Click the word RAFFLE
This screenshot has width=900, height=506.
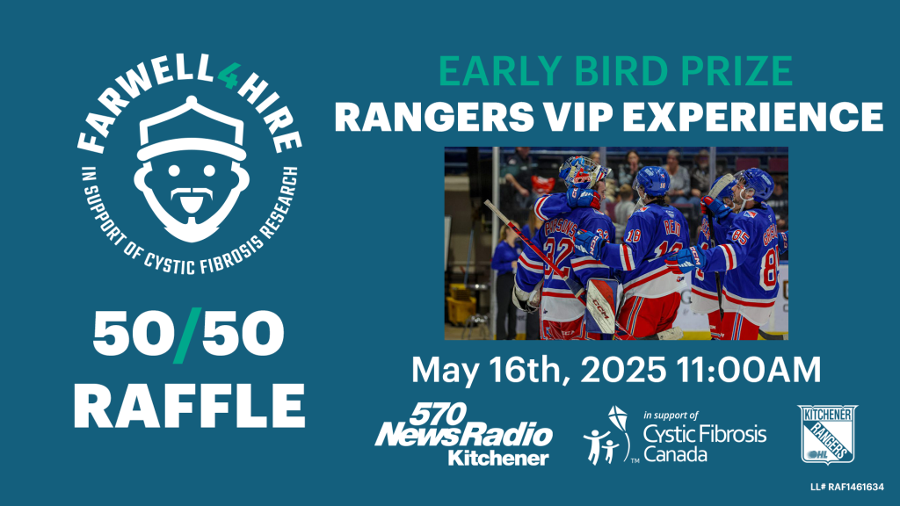pyautogui.click(x=190, y=406)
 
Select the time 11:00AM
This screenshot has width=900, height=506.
pyautogui.click(x=749, y=370)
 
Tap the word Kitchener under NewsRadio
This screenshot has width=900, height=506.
pyautogui.click(x=498, y=459)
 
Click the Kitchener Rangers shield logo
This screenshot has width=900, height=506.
pyautogui.click(x=827, y=434)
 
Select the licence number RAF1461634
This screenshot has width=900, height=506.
pyautogui.click(x=856, y=487)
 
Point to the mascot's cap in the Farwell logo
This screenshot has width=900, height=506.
pyautogui.click(x=192, y=129)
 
